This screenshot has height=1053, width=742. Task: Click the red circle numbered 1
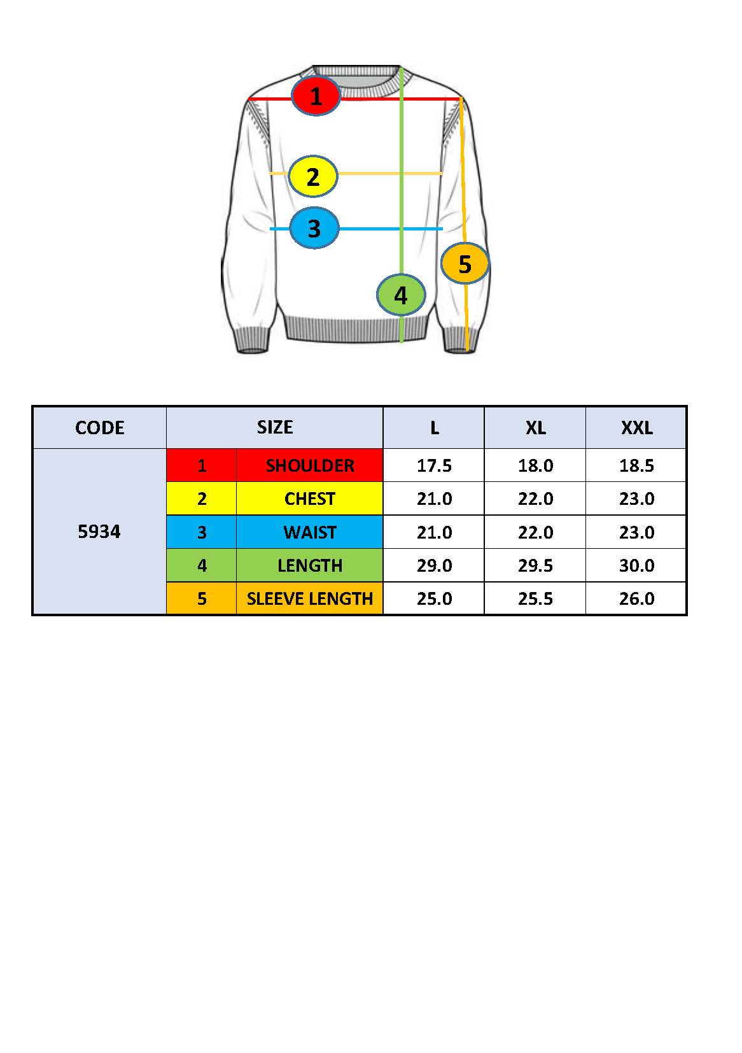click(316, 96)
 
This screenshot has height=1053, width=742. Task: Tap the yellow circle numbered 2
click(312, 176)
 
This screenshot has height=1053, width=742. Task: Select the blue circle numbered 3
click(314, 228)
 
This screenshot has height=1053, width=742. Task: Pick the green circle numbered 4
click(400, 295)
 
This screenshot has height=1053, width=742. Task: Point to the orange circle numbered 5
click(465, 263)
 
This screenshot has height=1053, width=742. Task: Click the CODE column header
click(99, 427)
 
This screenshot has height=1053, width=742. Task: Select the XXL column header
click(636, 427)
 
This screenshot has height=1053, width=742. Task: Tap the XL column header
click(535, 427)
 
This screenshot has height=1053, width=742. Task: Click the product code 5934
click(99, 532)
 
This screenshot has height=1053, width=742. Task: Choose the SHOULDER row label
click(309, 465)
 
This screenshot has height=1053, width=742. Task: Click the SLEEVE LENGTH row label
click(309, 598)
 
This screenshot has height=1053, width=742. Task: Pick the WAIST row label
click(309, 532)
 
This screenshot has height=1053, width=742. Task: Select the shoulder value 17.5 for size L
click(434, 465)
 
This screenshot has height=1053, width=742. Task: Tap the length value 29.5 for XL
click(535, 565)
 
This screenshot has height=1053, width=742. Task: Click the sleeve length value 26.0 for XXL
click(636, 598)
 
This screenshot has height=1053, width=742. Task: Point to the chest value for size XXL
click(636, 498)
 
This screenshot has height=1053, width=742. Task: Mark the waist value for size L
click(434, 532)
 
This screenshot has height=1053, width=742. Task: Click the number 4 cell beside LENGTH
click(202, 565)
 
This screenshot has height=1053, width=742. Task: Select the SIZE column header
click(274, 427)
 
